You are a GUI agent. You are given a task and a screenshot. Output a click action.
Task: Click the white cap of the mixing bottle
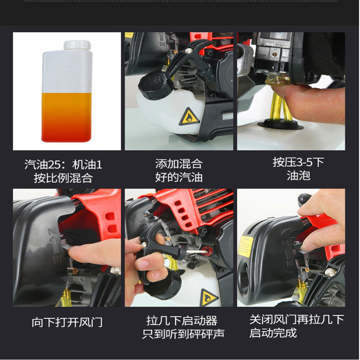pyautogui.click(x=77, y=45)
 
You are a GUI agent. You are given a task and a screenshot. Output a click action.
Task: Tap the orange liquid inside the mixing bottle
pyautogui.click(x=67, y=117)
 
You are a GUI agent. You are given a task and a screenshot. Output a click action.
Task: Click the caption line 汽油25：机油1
pyautogui.click(x=63, y=164)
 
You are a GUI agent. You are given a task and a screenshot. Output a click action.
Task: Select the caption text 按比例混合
pyautogui.click(x=63, y=178)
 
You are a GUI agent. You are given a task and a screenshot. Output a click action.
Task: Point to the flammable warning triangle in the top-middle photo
pyautogui.click(x=189, y=117)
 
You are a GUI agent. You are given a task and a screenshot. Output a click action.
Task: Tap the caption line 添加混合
pyautogui.click(x=179, y=164)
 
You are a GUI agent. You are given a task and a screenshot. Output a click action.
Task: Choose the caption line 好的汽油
pyautogui.click(x=179, y=177)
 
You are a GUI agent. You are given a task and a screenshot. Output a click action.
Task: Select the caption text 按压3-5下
pyautogui.click(x=299, y=162)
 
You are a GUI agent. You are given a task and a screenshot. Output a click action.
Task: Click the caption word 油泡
pyautogui.click(x=299, y=176)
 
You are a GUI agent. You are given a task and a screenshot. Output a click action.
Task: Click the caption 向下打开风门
pyautogui.click(x=67, y=322)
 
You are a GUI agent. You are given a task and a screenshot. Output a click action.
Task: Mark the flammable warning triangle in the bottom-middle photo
pyautogui.click(x=208, y=298)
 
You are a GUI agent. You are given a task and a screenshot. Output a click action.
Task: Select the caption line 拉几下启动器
pyautogui.click(x=182, y=321)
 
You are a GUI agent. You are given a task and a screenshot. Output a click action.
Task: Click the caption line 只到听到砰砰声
pyautogui.click(x=183, y=334)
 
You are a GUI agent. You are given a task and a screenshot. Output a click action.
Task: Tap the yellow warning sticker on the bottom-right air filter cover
pyautogui.click(x=246, y=247)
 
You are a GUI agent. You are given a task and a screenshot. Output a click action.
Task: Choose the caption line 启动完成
pyautogui.click(x=273, y=333)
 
